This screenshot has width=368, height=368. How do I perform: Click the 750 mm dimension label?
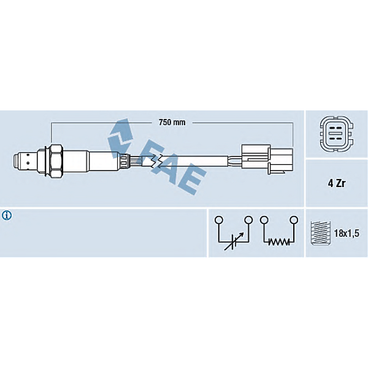(172, 122)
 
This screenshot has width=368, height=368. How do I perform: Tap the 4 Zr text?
(337, 183)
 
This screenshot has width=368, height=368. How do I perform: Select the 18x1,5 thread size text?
(347, 233)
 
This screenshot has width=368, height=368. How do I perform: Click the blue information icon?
(7, 215)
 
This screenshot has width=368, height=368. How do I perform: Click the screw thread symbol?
(321, 233)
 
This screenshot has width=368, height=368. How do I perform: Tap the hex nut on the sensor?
(56, 161)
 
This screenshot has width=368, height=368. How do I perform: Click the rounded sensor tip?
(17, 161)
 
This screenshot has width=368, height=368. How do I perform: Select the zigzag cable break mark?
(156, 161)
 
